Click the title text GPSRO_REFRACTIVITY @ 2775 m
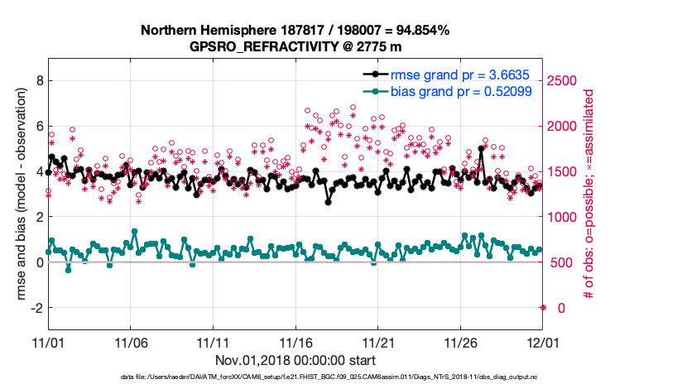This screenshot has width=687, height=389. click(295, 47)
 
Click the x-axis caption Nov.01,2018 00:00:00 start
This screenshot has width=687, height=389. click(295, 360)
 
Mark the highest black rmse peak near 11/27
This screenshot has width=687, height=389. click(482, 149)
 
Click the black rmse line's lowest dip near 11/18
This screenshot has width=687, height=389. click(329, 202)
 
